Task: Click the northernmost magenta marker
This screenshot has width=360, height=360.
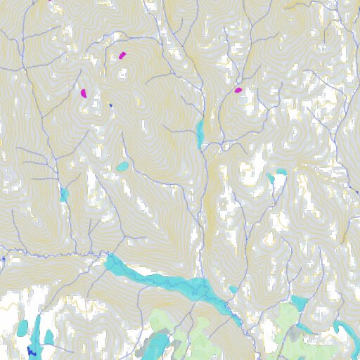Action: click(x=122, y=55)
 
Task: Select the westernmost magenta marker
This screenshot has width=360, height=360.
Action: click(x=83, y=92)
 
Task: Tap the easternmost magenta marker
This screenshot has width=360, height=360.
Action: click(x=238, y=90)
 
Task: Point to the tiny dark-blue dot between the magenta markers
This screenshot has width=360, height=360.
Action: click(x=110, y=105)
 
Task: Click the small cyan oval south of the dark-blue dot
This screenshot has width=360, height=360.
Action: click(x=123, y=167)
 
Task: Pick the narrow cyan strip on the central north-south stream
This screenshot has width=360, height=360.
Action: click(x=200, y=132)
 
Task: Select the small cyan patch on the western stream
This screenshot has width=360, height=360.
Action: click(x=64, y=194)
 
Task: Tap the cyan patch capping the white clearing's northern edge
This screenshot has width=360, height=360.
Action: click(x=281, y=172)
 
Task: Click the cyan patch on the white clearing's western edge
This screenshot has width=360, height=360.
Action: click(x=271, y=179)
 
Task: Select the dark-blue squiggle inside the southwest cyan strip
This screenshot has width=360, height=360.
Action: click(x=31, y=351)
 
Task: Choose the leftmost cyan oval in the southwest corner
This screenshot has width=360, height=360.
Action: click(x=23, y=327)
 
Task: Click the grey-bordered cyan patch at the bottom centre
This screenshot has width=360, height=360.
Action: click(x=158, y=345)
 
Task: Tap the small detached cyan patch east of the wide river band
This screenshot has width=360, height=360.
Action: click(x=233, y=289)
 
